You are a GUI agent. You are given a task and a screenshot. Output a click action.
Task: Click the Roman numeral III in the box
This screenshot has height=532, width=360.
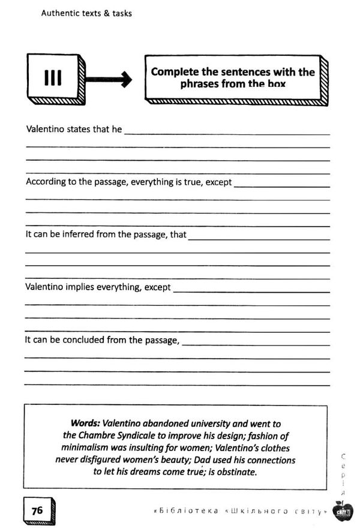(x=53, y=78)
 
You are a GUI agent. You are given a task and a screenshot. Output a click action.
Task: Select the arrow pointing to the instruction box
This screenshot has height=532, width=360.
(x=108, y=79)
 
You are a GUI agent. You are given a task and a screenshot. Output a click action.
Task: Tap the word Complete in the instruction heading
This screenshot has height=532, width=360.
(x=175, y=72)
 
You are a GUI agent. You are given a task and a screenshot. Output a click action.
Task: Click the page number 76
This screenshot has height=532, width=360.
(x=37, y=511)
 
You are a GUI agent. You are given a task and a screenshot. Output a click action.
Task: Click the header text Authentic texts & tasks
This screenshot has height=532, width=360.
(x=86, y=13)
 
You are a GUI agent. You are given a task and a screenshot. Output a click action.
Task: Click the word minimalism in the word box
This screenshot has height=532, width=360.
(x=86, y=448)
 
